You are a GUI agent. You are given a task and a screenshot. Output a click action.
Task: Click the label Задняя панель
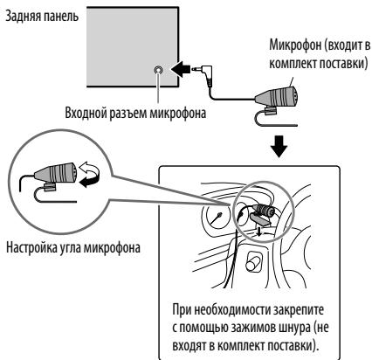click(42, 17)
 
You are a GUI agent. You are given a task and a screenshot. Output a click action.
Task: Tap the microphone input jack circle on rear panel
click(158, 70)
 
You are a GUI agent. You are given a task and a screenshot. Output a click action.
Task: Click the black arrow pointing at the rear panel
click(179, 69)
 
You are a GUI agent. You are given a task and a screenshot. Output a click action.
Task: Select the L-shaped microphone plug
click(203, 73)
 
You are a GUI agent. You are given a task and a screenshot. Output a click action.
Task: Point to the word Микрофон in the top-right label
click(295, 46)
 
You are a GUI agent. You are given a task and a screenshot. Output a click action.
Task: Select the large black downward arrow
click(279, 146)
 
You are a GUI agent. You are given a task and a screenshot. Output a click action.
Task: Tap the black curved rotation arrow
click(90, 182)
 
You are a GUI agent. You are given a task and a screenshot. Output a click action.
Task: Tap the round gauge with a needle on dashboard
click(218, 217)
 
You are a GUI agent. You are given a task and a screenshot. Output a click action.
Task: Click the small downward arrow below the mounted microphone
click(259, 231)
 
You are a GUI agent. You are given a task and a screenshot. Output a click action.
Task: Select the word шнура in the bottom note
click(290, 328)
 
